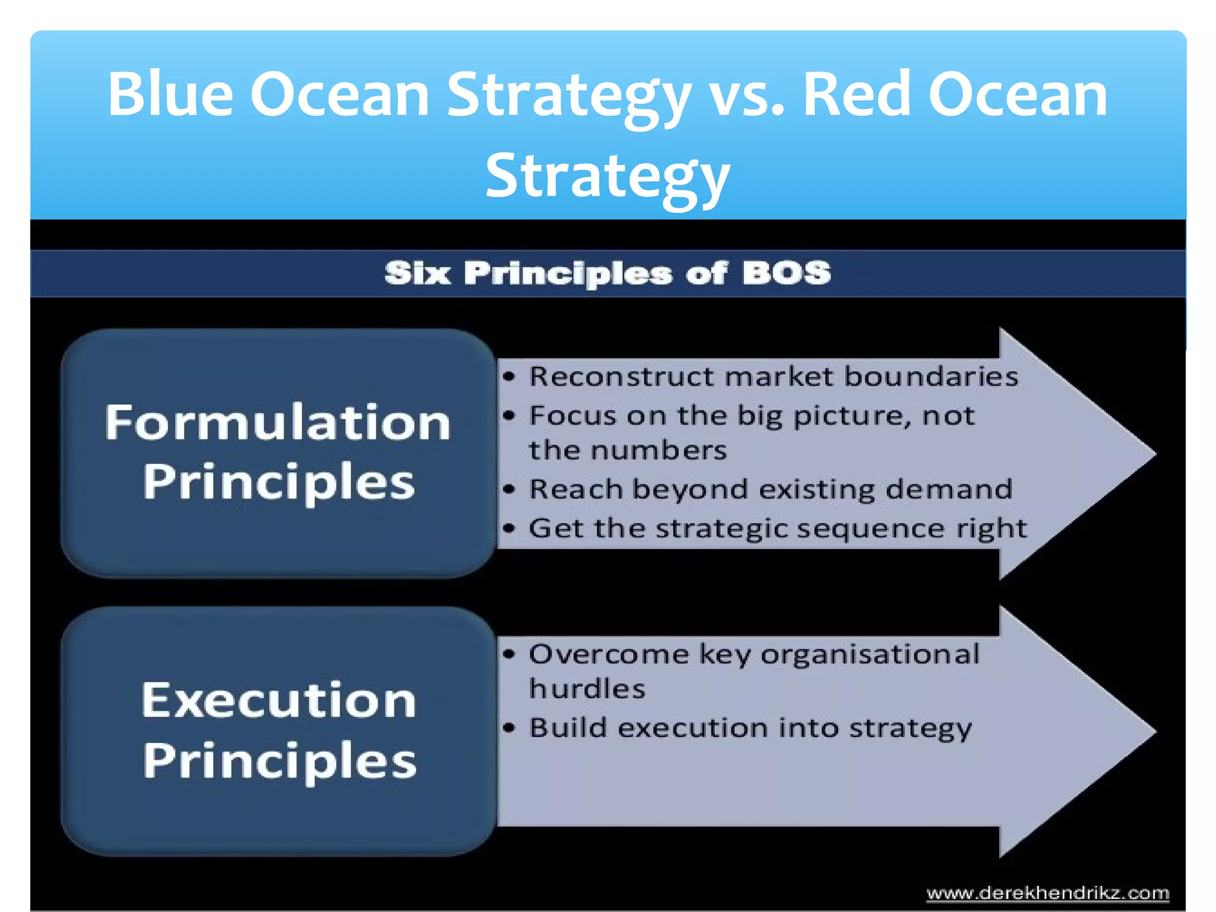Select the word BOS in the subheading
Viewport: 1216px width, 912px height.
tap(786, 273)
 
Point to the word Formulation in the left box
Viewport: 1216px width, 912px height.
tap(278, 422)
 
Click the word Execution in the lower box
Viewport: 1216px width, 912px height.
tap(278, 701)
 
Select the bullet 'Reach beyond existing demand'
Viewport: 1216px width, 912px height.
tap(770, 489)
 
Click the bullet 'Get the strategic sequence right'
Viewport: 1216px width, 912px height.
tap(777, 528)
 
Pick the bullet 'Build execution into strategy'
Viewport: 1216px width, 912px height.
tap(750, 728)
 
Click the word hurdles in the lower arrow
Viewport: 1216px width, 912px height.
tap(587, 689)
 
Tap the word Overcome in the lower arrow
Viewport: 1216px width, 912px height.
tap(609, 654)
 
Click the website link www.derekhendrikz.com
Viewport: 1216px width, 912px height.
tap(1047, 893)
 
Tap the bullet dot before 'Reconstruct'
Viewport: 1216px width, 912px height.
tap(509, 376)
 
